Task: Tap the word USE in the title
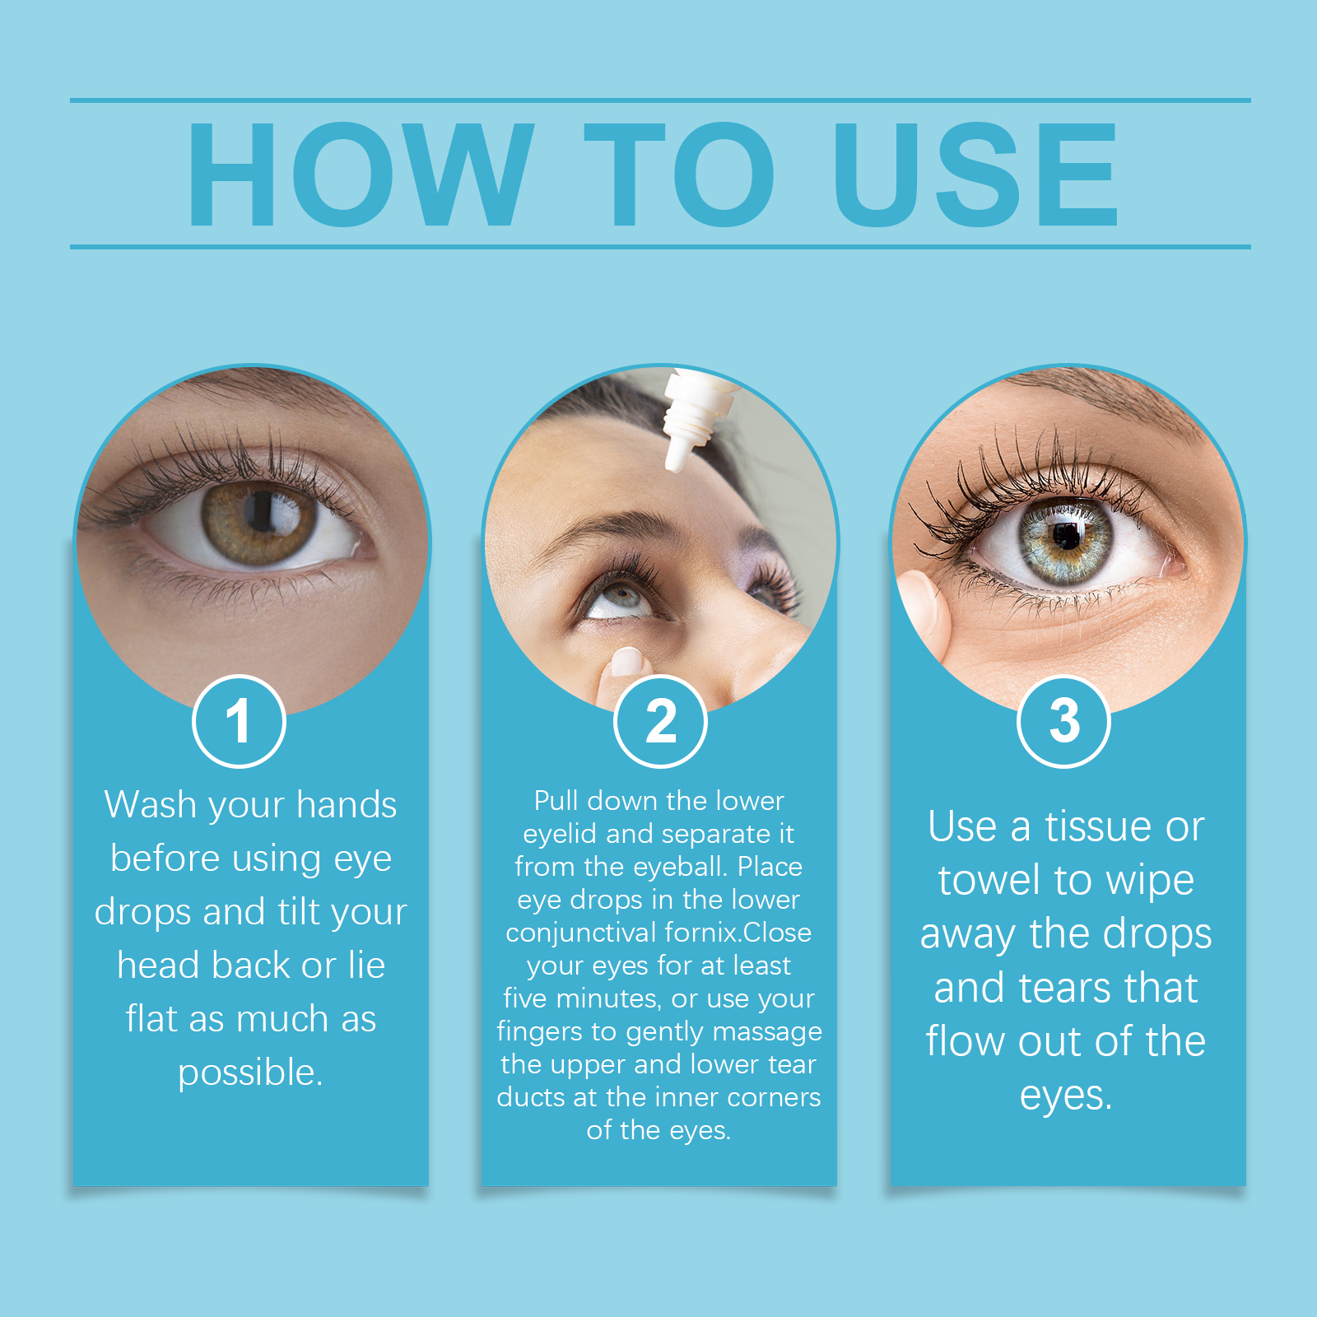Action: [x=975, y=174]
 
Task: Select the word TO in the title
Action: [x=680, y=174]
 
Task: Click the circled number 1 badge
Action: [x=239, y=721]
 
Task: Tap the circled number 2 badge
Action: [x=660, y=721]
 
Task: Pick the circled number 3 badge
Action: [x=1064, y=721]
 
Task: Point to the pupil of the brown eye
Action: [x=262, y=512]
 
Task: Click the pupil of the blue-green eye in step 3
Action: [x=1068, y=535]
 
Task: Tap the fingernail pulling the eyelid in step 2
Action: [x=627, y=661]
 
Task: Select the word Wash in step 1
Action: [x=150, y=804]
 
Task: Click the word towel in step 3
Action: [x=990, y=880]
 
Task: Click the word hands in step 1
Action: [x=347, y=804]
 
